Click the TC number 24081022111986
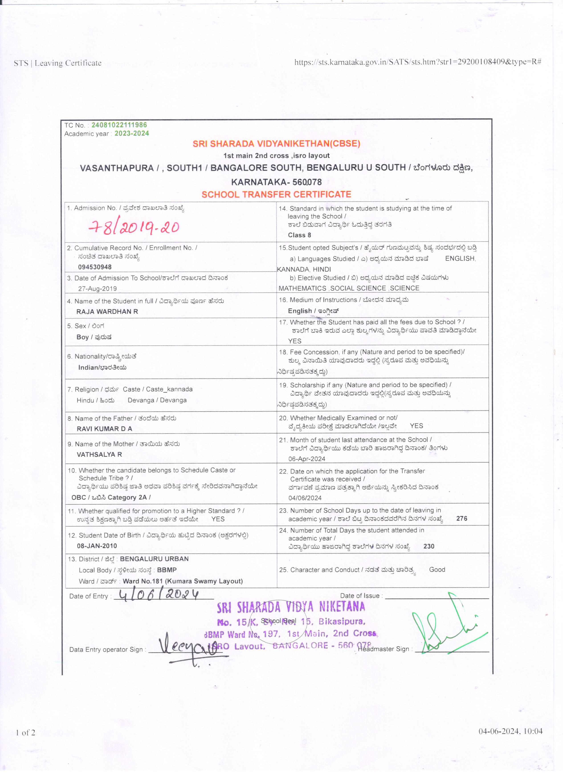(x=119, y=125)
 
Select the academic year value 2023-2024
(x=132, y=133)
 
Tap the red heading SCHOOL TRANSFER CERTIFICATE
(x=276, y=194)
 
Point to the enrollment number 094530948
(x=95, y=267)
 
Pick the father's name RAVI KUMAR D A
(x=104, y=429)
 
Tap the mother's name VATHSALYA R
(x=99, y=454)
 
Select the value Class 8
(x=300, y=235)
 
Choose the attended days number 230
(x=429, y=546)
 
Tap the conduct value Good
(x=437, y=570)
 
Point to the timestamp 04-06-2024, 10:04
(x=510, y=741)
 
